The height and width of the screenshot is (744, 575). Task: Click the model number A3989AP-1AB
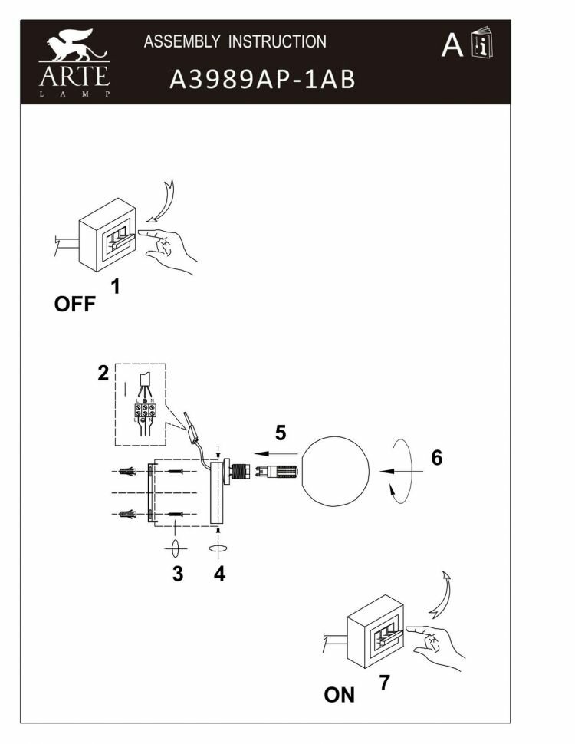262,80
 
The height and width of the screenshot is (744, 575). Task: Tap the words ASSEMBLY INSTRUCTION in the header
235,41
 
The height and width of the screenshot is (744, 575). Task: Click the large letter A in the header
452,45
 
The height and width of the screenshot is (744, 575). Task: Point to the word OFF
74,305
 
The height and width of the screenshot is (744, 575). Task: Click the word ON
340,695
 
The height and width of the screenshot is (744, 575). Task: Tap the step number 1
116,287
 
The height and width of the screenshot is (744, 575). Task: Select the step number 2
103,374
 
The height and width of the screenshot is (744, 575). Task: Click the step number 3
177,574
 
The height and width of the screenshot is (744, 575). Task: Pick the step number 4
219,574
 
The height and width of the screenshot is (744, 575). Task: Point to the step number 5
281,433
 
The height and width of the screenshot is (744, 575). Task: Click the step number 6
436,458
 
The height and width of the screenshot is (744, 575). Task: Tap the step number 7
384,682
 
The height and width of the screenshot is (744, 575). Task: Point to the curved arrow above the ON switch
441,594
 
